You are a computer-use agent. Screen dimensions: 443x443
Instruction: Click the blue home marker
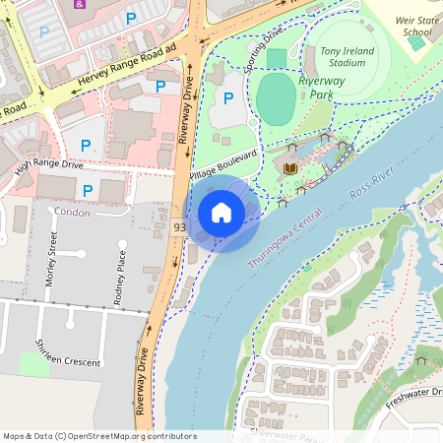221,212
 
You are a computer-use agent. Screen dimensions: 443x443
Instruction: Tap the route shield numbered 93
179,227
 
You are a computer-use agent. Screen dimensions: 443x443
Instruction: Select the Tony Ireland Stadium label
343,57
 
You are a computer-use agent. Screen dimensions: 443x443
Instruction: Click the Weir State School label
416,25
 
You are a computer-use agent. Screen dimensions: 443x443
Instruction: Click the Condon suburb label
72,213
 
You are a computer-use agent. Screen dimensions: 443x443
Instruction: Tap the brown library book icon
289,169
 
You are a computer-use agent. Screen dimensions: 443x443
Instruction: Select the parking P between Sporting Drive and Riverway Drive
228,97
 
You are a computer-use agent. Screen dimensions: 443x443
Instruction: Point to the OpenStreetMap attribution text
99,435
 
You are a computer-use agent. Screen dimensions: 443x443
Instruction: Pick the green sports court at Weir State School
418,43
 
